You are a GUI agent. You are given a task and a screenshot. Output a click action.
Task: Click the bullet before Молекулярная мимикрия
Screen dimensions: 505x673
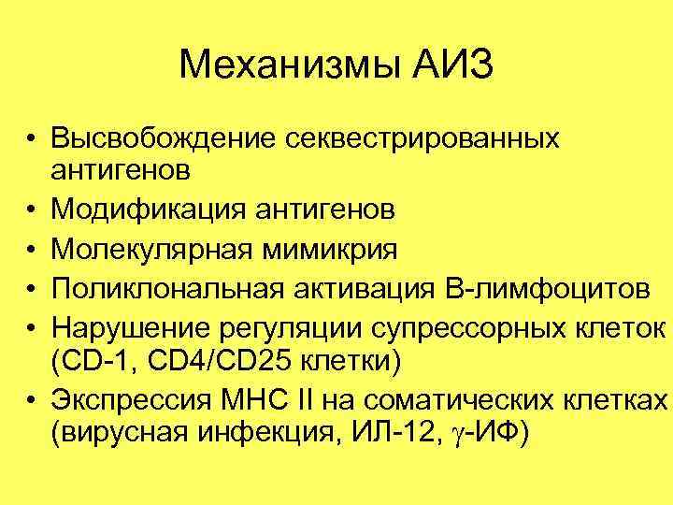(32, 252)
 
